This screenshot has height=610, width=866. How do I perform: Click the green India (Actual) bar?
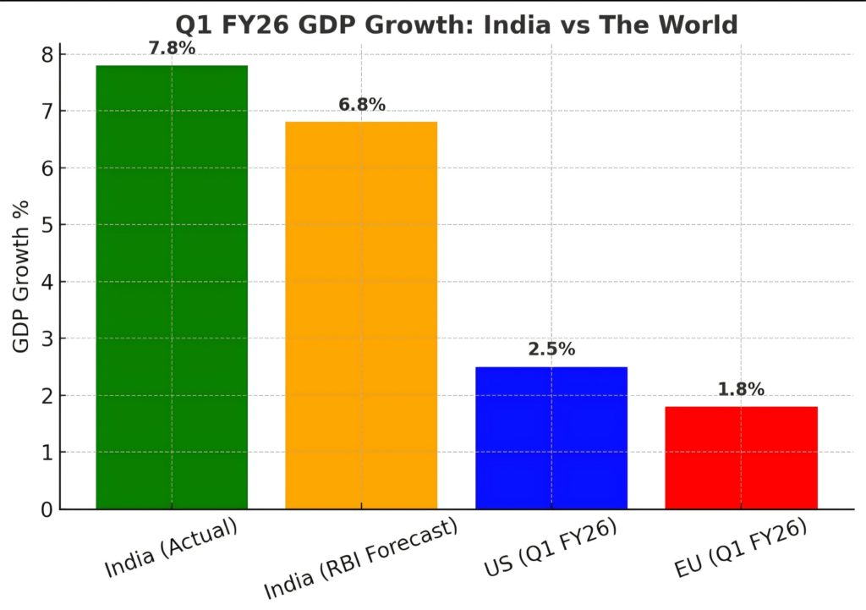[172, 288]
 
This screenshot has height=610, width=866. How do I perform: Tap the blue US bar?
[551, 438]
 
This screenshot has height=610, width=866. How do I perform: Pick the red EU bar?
[741, 458]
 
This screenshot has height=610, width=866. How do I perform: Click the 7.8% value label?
[172, 48]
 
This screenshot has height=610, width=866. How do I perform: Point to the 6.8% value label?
[361, 105]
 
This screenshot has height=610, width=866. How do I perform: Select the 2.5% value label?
[551, 349]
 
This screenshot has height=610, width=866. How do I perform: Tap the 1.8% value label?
[741, 389]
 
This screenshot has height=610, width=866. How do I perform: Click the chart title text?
[456, 25]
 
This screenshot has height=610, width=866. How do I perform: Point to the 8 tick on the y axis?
[47, 55]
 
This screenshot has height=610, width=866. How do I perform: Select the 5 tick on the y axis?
[47, 226]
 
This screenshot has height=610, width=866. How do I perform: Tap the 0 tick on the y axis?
[47, 510]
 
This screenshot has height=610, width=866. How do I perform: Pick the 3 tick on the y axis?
[47, 339]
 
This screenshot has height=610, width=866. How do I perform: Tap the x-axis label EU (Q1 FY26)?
[743, 552]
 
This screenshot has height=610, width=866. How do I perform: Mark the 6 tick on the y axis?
[47, 168]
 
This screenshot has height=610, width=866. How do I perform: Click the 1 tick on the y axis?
[47, 453]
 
